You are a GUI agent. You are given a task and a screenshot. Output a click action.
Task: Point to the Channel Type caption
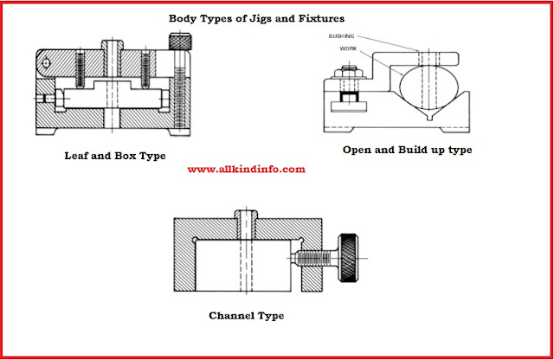[247, 315]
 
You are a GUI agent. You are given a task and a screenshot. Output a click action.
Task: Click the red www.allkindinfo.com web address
[246, 170]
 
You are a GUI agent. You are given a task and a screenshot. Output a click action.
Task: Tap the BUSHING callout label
[342, 37]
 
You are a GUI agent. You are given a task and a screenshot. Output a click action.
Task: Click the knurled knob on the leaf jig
[178, 40]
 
